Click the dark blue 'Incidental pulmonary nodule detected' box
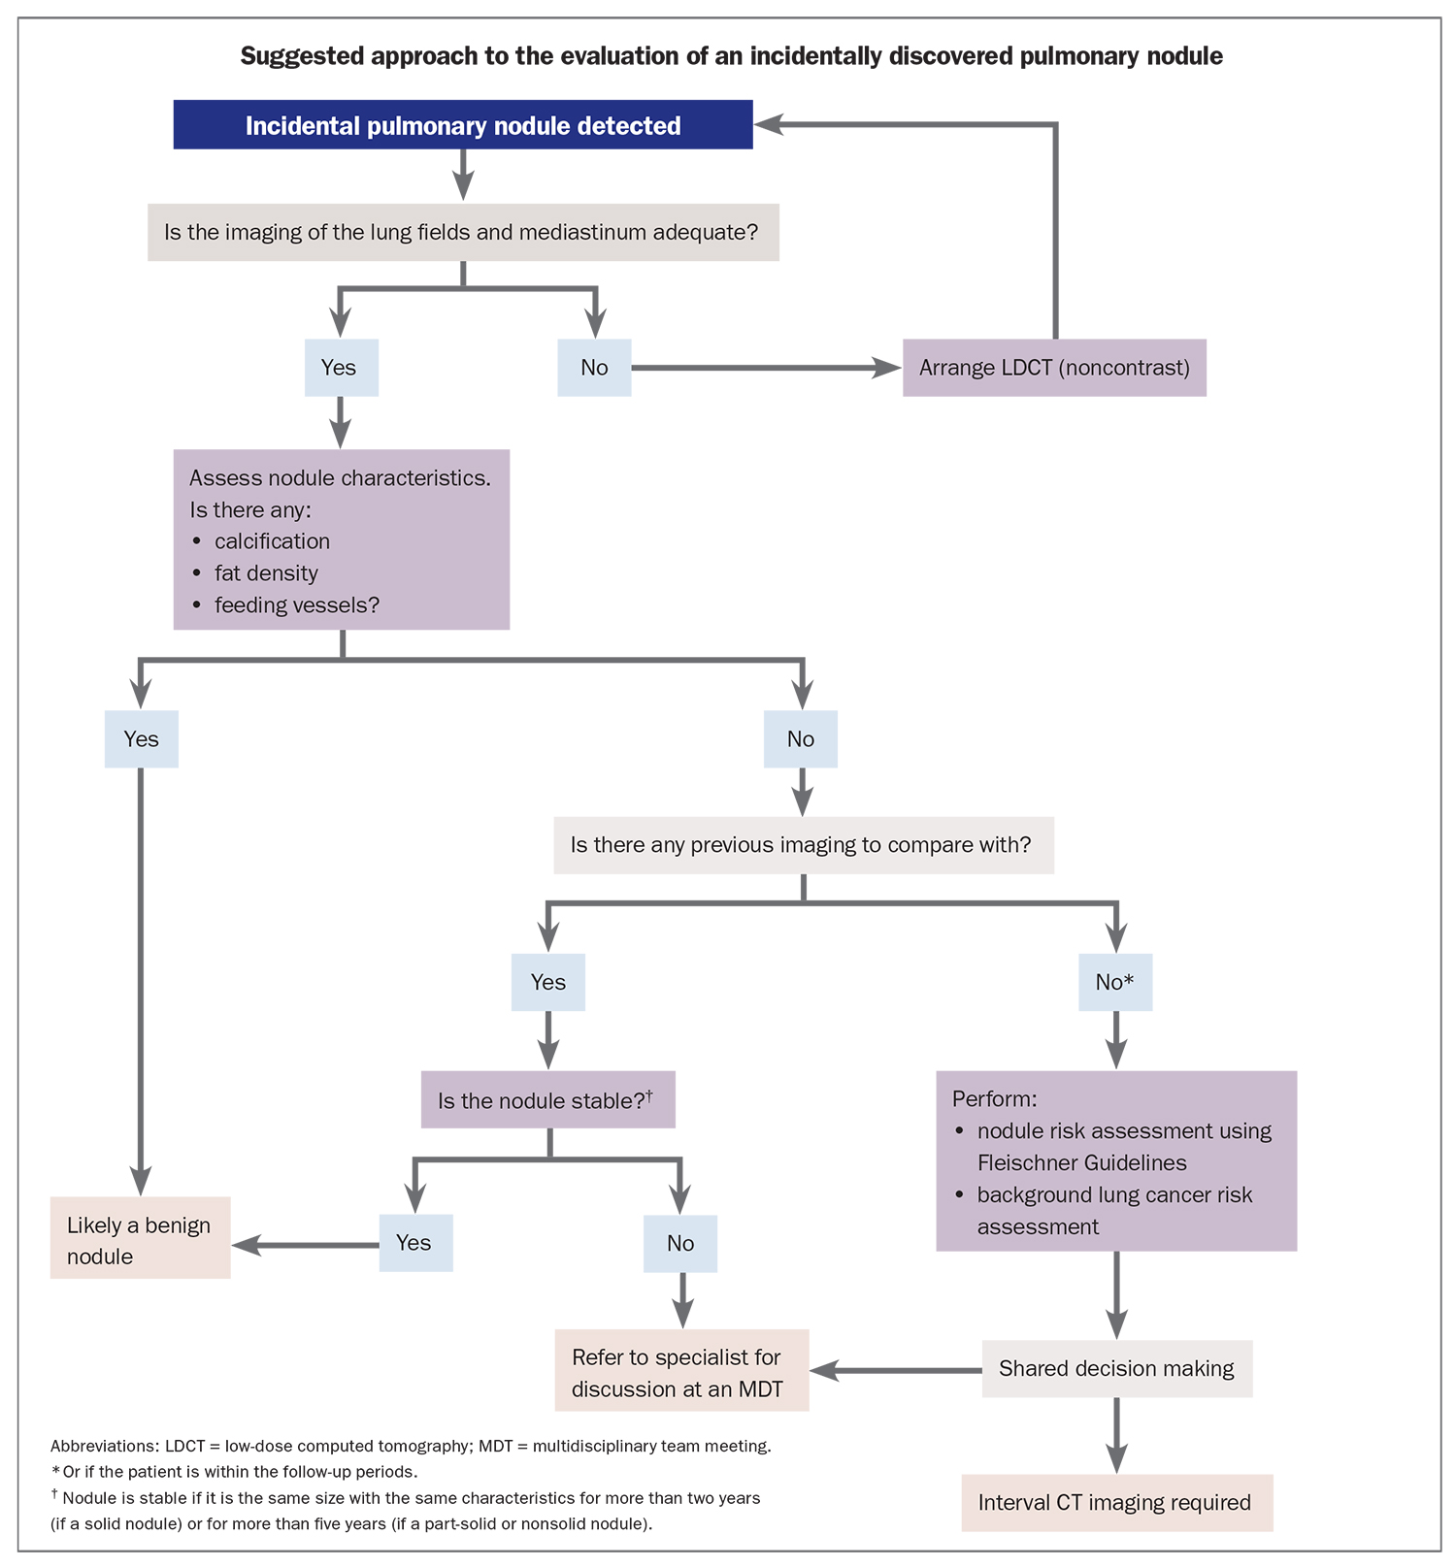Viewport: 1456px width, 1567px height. point(463,125)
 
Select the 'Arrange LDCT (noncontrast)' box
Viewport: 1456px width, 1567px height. point(1054,368)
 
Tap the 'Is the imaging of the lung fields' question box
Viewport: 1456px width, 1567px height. point(463,233)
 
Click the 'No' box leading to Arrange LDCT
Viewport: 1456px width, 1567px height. point(594,368)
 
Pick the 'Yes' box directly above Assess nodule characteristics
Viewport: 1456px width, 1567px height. point(341,368)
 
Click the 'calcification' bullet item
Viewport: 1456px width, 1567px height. point(272,541)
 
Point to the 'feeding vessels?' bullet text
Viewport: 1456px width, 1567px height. point(296,605)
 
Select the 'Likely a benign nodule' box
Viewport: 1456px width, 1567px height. point(140,1239)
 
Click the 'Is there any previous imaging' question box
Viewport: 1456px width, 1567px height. point(803,845)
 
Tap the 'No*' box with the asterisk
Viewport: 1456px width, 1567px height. point(1115,982)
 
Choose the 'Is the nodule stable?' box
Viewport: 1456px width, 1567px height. point(547,1100)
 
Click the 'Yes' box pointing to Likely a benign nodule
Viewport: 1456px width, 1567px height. point(414,1243)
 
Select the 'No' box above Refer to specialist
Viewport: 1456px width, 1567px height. point(680,1244)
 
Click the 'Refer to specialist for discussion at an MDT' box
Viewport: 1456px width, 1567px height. point(681,1371)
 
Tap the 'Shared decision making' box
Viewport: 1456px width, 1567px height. point(1116,1369)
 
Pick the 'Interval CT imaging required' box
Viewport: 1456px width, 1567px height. point(1116,1503)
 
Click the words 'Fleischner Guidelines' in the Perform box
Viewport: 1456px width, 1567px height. point(1081,1163)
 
